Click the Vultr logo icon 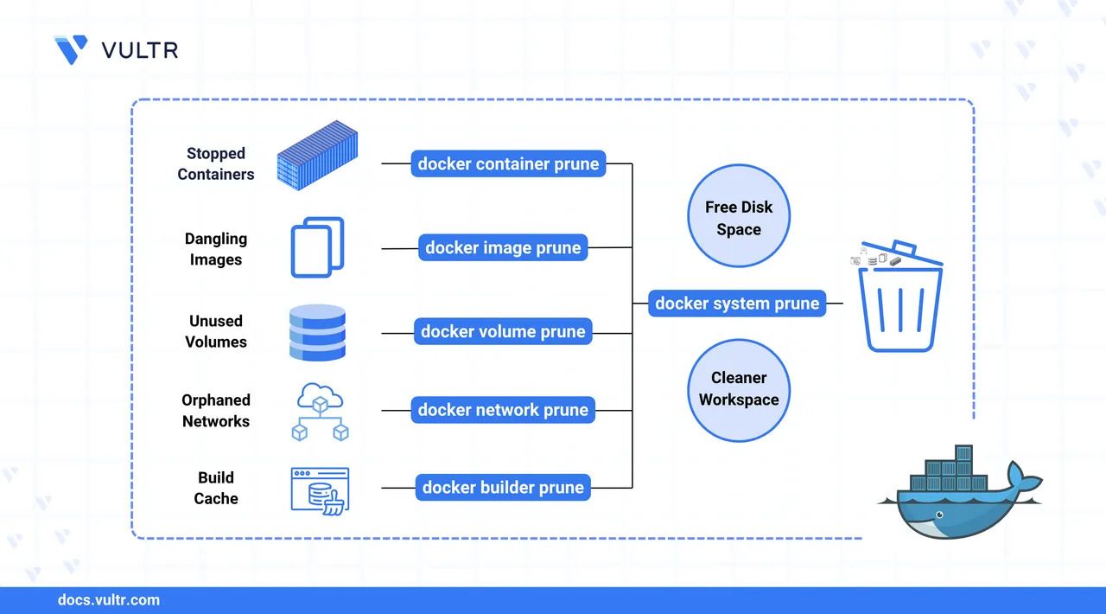click(x=71, y=49)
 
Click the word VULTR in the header click(x=140, y=50)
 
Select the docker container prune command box click(x=508, y=163)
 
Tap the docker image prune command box click(x=503, y=247)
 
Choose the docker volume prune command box click(x=503, y=331)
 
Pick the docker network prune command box click(x=503, y=410)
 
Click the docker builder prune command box click(x=503, y=488)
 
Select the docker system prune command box click(x=736, y=304)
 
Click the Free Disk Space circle click(x=739, y=218)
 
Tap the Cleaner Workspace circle click(x=739, y=388)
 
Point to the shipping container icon click(x=316, y=157)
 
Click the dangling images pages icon click(x=317, y=247)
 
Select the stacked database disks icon click(x=317, y=331)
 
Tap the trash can click(x=900, y=303)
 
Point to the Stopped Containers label click(x=216, y=163)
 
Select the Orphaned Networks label click(x=216, y=411)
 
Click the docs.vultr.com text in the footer click(x=108, y=600)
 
